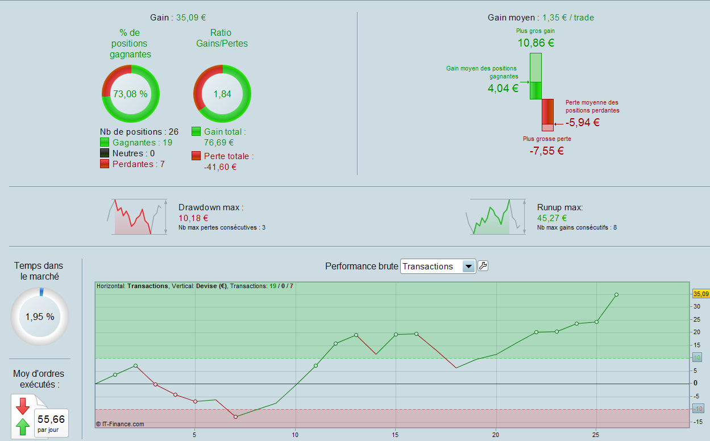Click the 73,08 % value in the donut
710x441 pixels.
[x=130, y=94]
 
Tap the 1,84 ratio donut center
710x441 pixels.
[x=222, y=94]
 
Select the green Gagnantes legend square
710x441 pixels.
[x=105, y=143]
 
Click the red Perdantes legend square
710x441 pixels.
[x=105, y=164]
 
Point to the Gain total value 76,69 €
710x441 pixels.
[x=219, y=143]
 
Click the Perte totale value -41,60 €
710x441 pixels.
[x=220, y=167]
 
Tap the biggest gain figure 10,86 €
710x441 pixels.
[x=535, y=43]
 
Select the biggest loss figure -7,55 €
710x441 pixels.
[x=546, y=151]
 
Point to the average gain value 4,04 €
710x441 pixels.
[x=503, y=88]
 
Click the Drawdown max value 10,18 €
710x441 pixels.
[x=193, y=218]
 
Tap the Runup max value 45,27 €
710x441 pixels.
[x=552, y=218]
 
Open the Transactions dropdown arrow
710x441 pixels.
[x=468, y=267]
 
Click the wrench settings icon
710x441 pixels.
[x=483, y=265]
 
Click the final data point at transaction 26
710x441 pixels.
[x=616, y=295]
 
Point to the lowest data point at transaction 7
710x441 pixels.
[x=235, y=417]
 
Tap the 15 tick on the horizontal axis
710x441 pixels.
[x=395, y=435]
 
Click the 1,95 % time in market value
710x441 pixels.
[x=40, y=317]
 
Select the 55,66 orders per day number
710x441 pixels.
[x=51, y=419]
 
